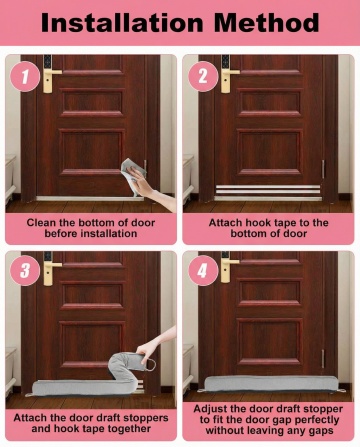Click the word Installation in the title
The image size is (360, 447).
pyautogui.click(x=122, y=23)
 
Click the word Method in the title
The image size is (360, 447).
pyautogui.click(x=266, y=23)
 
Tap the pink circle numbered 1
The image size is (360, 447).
pyautogui.click(x=25, y=77)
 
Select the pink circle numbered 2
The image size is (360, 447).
pyautogui.click(x=203, y=77)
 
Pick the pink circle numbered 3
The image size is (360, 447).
pyautogui.click(x=25, y=270)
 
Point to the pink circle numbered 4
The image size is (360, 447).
pyautogui.click(x=203, y=270)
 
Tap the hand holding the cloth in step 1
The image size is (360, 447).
pyautogui.click(x=152, y=189)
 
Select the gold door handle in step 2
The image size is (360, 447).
pyautogui.click(x=228, y=79)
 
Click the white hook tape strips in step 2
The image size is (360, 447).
pyautogui.click(x=268, y=190)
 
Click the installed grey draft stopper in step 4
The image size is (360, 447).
pyautogui.click(x=271, y=383)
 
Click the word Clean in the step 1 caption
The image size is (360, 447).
pyautogui.click(x=41, y=223)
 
